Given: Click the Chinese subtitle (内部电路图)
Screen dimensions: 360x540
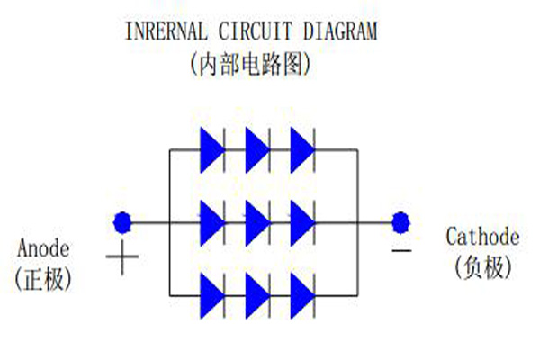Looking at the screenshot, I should (251, 64).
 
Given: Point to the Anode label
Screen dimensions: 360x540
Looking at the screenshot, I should (42, 247).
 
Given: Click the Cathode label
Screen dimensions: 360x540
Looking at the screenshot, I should (482, 238).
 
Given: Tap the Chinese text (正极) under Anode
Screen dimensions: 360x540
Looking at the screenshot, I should (42, 277).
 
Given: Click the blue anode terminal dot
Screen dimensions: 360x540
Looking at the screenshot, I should (122, 220).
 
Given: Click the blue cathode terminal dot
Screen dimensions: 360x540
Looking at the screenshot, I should (401, 220).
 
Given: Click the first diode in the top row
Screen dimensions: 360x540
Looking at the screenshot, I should (212, 149).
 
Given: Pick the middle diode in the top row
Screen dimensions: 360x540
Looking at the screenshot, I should (257, 149).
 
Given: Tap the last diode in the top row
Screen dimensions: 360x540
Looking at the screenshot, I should (302, 149).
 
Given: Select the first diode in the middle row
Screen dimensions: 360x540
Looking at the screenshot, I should (212, 220).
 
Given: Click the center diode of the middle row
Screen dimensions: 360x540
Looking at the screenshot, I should (257, 220).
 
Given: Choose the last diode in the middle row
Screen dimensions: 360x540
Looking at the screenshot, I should (302, 220).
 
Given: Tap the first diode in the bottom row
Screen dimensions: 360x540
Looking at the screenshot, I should (212, 292).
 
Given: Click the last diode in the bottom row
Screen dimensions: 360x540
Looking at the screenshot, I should (302, 292).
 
